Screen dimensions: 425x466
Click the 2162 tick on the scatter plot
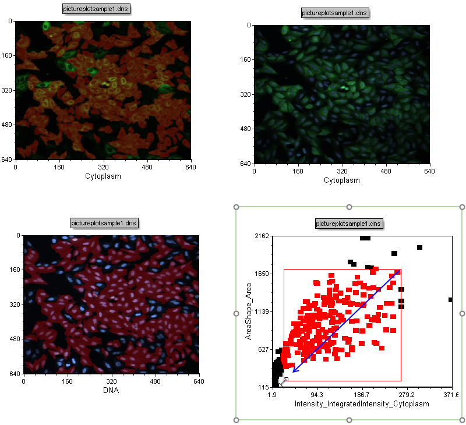pyautogui.click(x=260, y=236)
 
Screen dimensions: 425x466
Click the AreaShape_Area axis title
pyautogui.click(x=249, y=311)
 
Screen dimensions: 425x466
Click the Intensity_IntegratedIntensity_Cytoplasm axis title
pyautogui.click(x=362, y=403)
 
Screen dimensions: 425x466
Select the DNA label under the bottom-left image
pyautogui.click(x=111, y=390)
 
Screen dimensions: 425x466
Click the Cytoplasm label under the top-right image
pyautogui.click(x=342, y=180)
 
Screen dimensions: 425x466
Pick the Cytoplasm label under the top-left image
pyautogui.click(x=103, y=176)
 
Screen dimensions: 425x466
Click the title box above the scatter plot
pyautogui.click(x=349, y=224)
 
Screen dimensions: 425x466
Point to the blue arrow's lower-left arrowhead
pyautogui.click(x=293, y=371)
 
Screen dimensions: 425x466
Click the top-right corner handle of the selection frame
pyautogui.click(x=462, y=207)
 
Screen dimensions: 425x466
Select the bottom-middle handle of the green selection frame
pyautogui.click(x=349, y=420)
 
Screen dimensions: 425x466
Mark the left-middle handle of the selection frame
pyautogui.click(x=236, y=313)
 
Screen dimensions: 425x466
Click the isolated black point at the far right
pyautogui.click(x=450, y=300)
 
